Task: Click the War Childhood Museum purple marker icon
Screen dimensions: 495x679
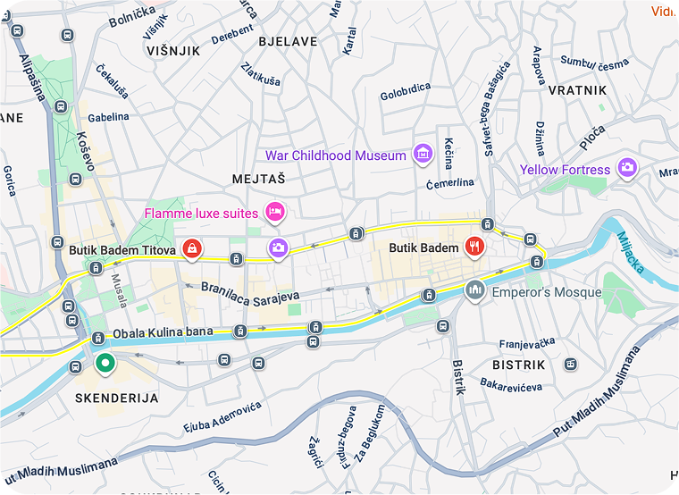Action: (423, 155)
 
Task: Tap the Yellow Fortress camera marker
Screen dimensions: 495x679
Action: (628, 167)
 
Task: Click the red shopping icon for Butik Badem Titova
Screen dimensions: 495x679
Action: (191, 248)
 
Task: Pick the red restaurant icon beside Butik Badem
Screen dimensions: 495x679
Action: (474, 247)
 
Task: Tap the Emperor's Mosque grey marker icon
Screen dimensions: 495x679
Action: (474, 290)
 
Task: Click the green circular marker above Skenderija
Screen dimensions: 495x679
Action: (105, 364)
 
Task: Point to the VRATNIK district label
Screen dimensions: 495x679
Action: (577, 90)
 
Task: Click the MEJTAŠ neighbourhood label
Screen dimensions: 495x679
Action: (258, 178)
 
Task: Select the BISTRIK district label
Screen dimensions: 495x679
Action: (518, 365)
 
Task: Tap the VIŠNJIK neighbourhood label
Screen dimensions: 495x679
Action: (173, 51)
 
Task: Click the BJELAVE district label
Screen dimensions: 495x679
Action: (288, 41)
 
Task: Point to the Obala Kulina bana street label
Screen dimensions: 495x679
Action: (163, 333)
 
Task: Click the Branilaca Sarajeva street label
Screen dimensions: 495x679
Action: (250, 293)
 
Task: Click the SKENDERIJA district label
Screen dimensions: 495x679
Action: (117, 398)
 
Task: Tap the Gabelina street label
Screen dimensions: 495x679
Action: (109, 116)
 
